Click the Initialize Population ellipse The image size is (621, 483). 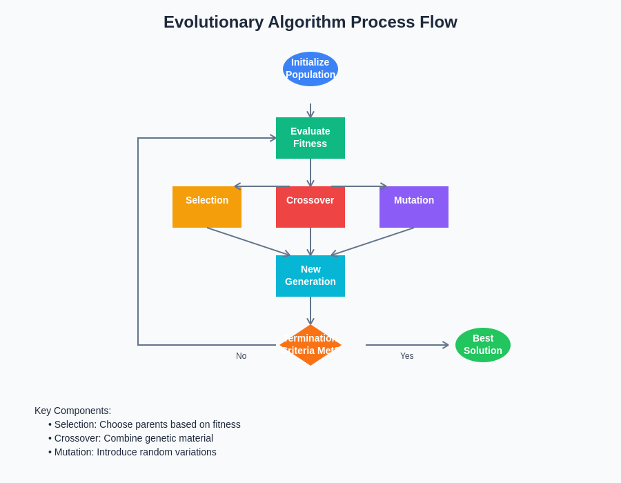tap(310, 69)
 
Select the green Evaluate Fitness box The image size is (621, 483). tap(310, 138)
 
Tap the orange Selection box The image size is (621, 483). tap(207, 207)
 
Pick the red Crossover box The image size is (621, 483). tap(310, 207)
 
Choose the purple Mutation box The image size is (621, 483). tap(414, 207)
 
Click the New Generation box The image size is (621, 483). tap(310, 276)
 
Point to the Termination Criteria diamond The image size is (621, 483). tap(310, 345)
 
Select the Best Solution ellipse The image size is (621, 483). tap(483, 345)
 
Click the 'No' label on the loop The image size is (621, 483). tap(241, 356)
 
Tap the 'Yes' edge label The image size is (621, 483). tap(406, 356)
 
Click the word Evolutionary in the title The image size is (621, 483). tap(213, 22)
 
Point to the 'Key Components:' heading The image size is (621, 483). tap(72, 411)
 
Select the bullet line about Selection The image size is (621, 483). tap(144, 424)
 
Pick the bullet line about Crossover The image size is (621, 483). tap(130, 438)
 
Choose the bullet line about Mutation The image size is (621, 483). tap(132, 452)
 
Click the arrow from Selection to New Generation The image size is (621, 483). tap(248, 241)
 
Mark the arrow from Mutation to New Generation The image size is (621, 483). tap(373, 241)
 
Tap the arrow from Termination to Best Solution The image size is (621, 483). tap(407, 345)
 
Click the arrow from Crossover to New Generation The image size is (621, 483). tap(310, 241)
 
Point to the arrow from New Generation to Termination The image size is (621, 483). tap(310, 310)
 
